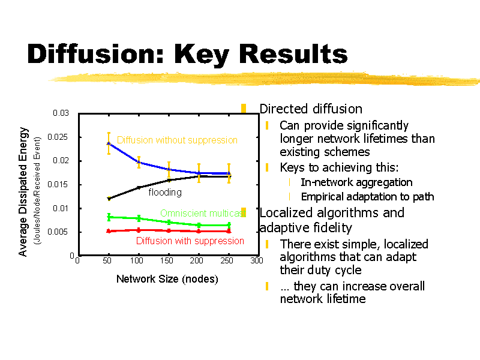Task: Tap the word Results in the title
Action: coord(293,54)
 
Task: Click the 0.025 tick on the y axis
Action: coord(58,137)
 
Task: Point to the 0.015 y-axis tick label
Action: coord(58,184)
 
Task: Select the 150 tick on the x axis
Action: coord(167,260)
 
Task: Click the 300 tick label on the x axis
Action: coord(257,260)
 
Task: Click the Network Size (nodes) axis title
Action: coord(167,279)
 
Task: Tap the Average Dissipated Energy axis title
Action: coord(23,191)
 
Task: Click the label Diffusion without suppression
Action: coord(177,140)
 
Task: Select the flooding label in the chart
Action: coord(165,192)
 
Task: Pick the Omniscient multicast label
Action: coord(203,213)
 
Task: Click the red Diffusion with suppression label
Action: coord(190,241)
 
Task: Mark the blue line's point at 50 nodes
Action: coord(109,143)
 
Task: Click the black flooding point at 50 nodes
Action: coord(109,199)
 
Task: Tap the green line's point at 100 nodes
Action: coord(139,218)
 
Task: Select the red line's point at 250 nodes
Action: coord(229,231)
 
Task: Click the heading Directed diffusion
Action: coord(311,109)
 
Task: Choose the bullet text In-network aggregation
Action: coord(356,182)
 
